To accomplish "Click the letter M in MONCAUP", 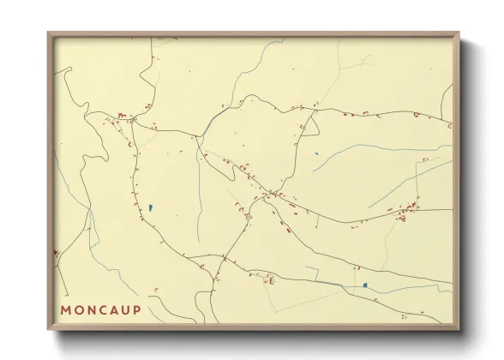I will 66,309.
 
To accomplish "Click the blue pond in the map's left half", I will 150,207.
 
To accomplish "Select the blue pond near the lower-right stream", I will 364,285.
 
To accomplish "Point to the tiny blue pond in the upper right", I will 317,154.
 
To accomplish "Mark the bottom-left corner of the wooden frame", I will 49,328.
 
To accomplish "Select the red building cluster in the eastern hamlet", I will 406,209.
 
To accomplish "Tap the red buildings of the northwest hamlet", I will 123,116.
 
